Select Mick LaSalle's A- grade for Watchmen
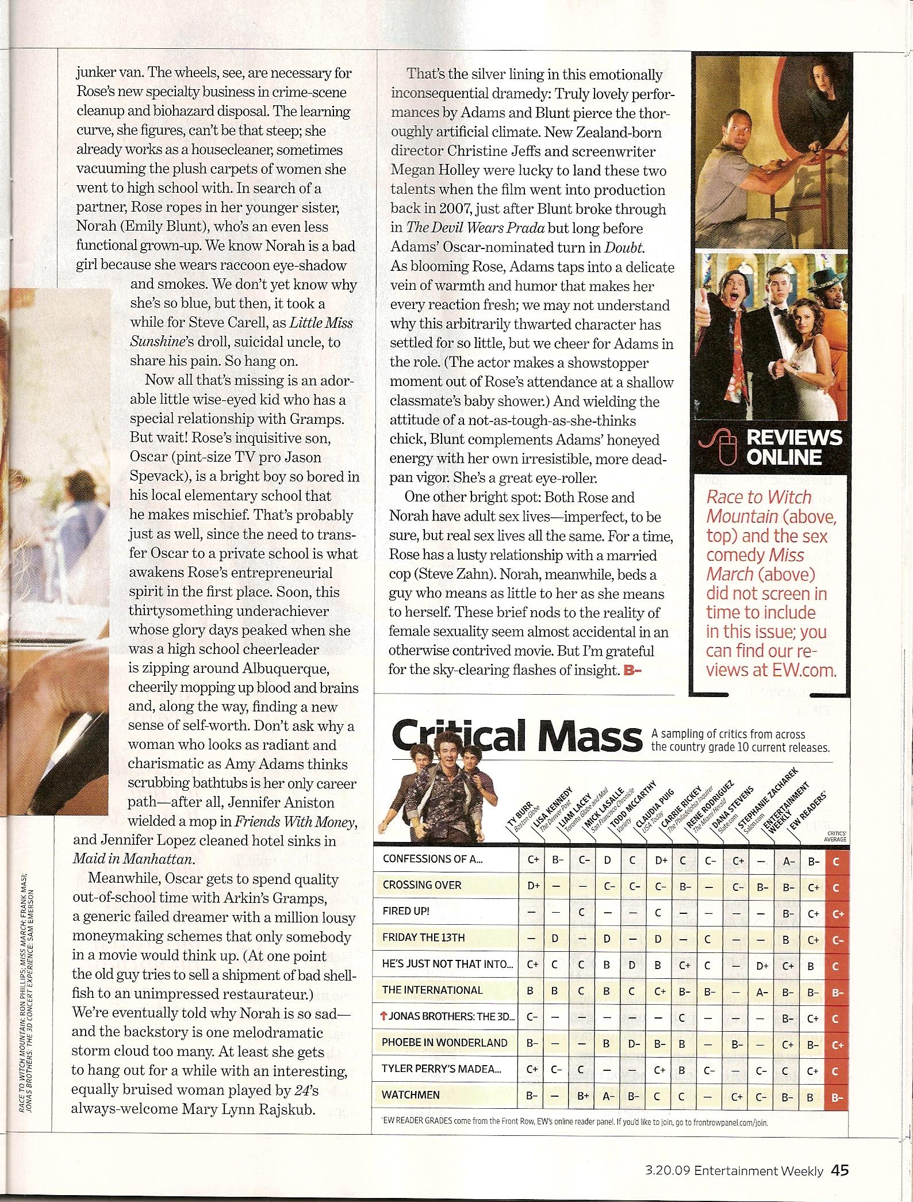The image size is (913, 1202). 606,1095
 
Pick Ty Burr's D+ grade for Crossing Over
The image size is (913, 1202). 533,886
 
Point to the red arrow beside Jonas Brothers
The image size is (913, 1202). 383,1016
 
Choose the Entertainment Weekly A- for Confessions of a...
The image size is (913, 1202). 788,859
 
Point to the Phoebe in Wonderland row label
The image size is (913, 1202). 444,1042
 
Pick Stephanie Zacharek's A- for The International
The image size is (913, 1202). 761,990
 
